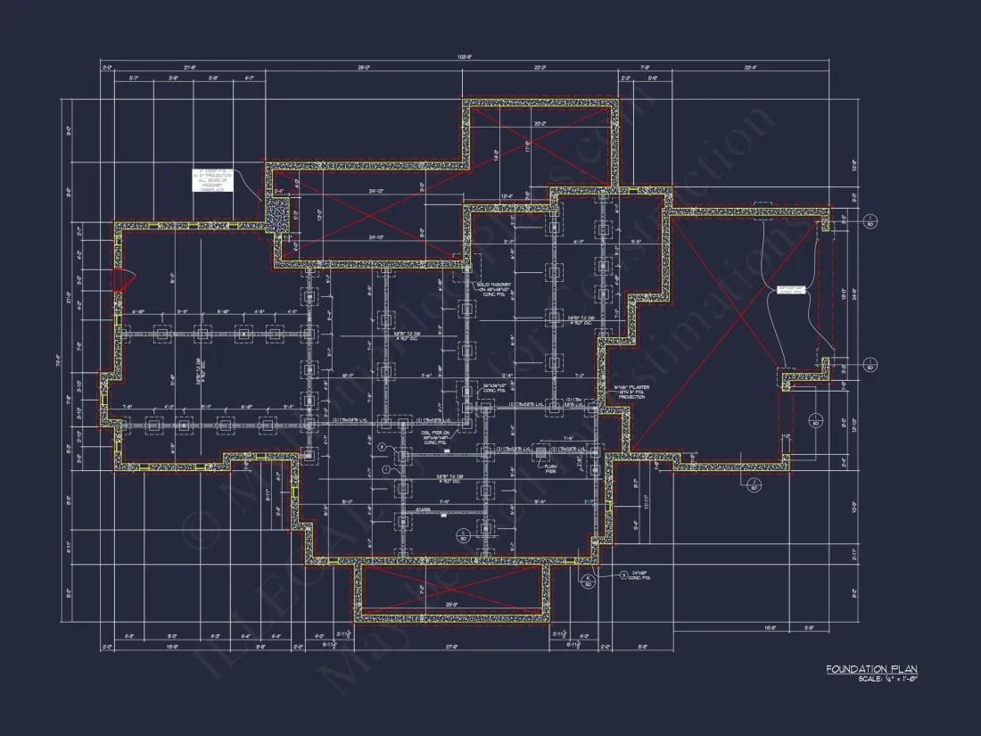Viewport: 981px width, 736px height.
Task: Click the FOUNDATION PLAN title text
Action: (870, 669)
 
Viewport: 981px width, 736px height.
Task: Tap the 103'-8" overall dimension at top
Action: (463, 58)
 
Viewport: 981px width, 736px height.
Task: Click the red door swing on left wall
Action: (125, 280)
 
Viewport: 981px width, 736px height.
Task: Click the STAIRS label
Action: (424, 511)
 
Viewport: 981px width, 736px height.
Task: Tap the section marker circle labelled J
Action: (754, 485)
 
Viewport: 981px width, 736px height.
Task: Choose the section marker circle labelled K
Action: (589, 582)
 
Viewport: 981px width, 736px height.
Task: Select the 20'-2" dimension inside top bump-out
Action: (539, 124)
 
